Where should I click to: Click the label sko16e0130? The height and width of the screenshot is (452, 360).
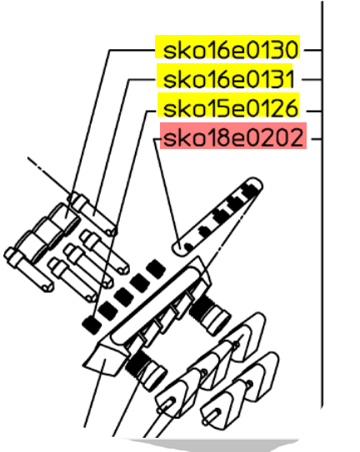tap(230, 50)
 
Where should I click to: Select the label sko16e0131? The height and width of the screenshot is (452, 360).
tap(228, 79)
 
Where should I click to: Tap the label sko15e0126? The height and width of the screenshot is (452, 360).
tap(230, 108)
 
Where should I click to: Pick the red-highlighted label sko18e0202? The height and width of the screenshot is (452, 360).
tap(233, 138)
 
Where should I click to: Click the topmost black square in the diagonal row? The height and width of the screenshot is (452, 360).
tap(156, 269)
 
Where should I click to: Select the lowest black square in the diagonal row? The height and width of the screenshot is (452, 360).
tap(92, 325)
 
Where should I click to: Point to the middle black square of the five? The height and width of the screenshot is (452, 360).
tap(124, 296)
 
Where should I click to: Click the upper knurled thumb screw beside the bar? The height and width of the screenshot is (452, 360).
tap(210, 315)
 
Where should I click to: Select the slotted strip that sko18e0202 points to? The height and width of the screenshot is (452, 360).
tap(217, 216)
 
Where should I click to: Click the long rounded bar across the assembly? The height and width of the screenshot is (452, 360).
tap(156, 305)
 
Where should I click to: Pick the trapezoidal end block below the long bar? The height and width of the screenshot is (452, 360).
tap(105, 359)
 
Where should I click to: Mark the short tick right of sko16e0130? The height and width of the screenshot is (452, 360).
tap(313, 50)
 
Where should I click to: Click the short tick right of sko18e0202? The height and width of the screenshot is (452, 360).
tap(317, 139)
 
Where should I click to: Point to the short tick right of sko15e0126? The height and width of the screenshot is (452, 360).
tap(314, 111)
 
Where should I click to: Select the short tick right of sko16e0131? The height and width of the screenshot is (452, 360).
tap(312, 79)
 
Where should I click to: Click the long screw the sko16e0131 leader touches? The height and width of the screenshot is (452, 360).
tap(93, 214)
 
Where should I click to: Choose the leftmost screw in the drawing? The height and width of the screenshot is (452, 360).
tap(28, 270)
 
